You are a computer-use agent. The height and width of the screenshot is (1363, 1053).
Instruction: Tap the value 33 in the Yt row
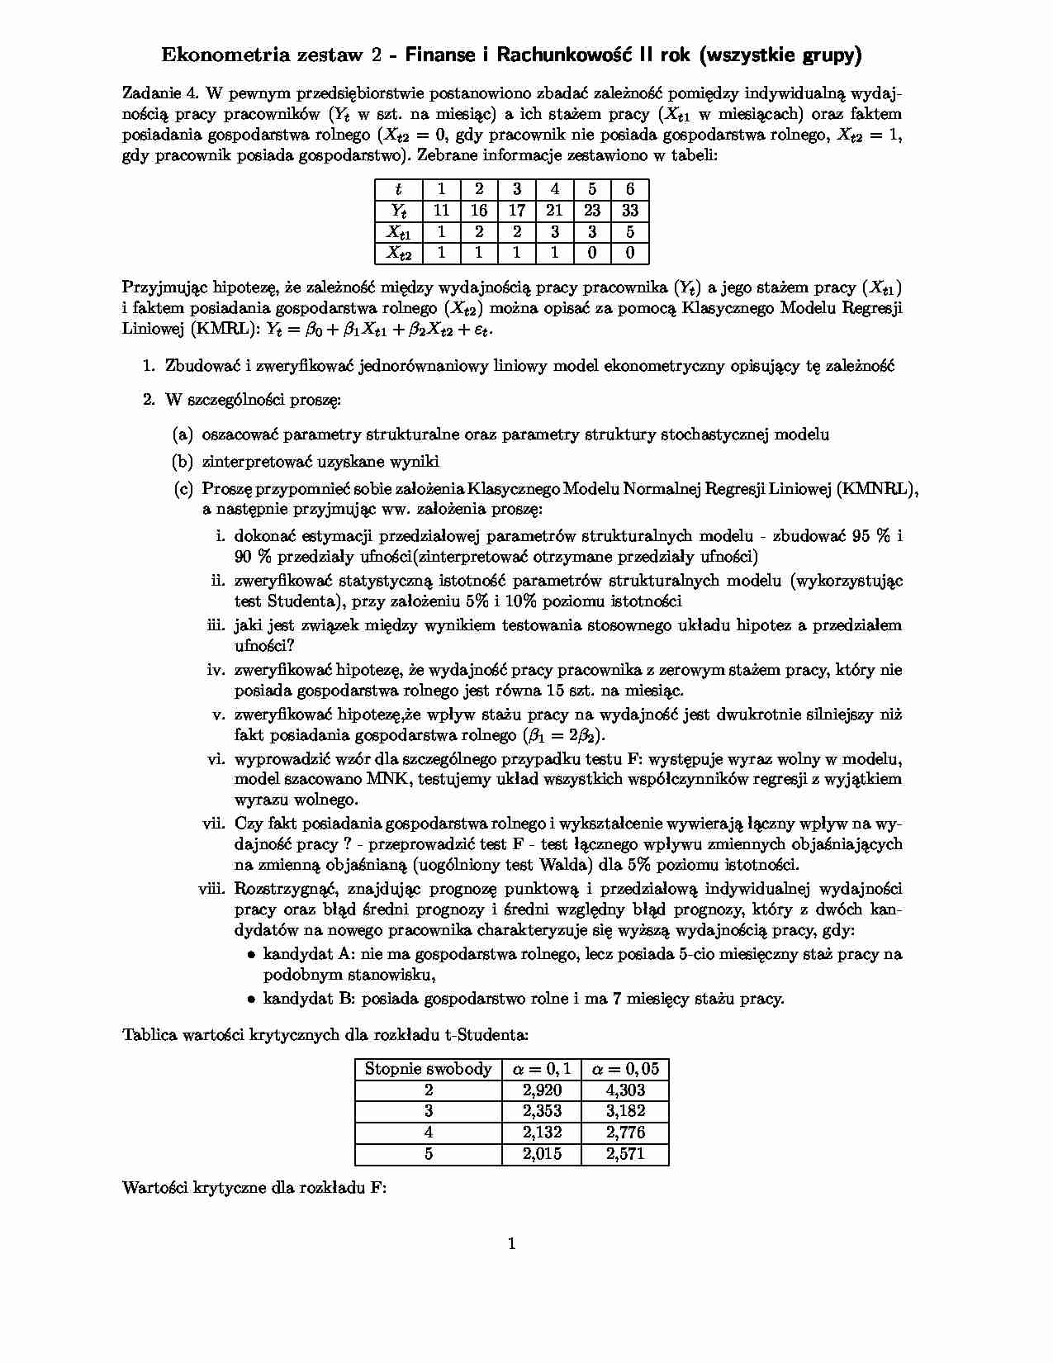(630, 211)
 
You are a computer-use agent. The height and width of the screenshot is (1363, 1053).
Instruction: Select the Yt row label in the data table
(398, 211)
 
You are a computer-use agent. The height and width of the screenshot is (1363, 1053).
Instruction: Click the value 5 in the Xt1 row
(630, 232)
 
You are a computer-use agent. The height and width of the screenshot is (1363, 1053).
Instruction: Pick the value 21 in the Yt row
(554, 211)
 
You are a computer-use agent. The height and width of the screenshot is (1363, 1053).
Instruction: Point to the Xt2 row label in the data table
(398, 254)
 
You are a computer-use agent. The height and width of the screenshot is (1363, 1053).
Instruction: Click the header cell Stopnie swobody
(428, 1069)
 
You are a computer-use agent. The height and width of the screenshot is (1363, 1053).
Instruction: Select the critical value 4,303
(625, 1090)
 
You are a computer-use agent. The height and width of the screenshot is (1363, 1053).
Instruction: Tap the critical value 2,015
(542, 1154)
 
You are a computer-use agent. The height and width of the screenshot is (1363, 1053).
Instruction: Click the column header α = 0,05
(625, 1069)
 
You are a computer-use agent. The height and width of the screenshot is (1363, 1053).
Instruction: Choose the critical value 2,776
(625, 1133)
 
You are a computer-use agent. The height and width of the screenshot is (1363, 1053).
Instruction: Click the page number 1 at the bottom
(512, 1244)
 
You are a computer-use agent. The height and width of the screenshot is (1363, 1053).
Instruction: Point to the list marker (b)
(183, 462)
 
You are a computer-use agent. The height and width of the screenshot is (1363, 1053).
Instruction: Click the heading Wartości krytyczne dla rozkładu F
(254, 1189)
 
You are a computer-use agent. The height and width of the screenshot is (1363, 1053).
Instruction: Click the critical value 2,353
(542, 1111)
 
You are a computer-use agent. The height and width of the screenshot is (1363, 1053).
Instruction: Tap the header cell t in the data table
(398, 189)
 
